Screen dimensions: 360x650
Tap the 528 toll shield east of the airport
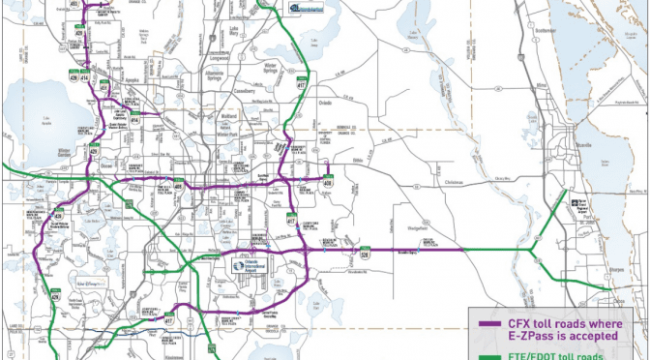tap(366, 254)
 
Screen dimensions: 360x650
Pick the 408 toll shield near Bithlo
tap(329, 182)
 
